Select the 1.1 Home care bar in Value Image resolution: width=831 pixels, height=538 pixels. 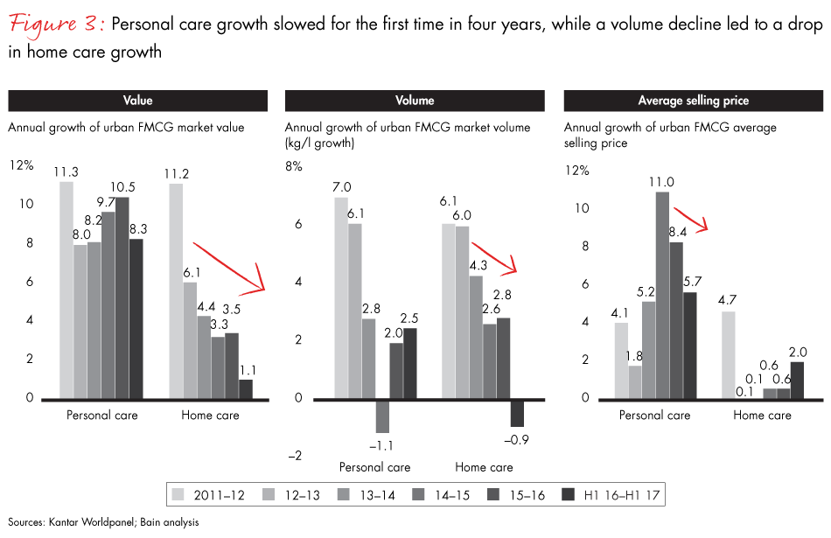coord(246,389)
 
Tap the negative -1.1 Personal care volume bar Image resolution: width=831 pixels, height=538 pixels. coord(381,416)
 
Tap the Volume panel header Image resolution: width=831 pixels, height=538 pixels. coord(415,101)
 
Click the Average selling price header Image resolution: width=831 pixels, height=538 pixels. coord(693,101)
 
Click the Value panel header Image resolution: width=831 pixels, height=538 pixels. coord(136,101)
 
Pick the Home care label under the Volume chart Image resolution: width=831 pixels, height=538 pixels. coord(484,467)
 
